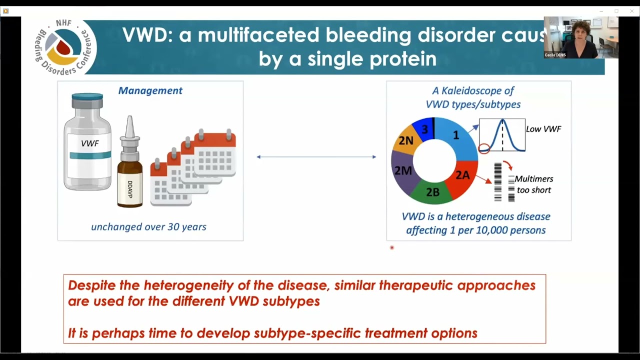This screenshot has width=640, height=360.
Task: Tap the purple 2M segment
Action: click(x=403, y=171)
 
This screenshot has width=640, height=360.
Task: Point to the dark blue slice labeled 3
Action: click(x=425, y=129)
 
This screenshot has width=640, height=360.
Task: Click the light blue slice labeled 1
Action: click(x=456, y=137)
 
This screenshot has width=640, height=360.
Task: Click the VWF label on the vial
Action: click(x=89, y=143)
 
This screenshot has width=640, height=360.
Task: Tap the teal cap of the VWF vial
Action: click(x=87, y=97)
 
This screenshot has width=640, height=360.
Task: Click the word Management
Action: click(x=150, y=90)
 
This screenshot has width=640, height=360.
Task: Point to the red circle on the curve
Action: click(x=484, y=148)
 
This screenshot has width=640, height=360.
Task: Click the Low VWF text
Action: click(x=543, y=129)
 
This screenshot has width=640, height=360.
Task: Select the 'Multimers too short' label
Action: click(x=533, y=184)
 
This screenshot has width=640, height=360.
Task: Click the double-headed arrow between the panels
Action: click(x=316, y=157)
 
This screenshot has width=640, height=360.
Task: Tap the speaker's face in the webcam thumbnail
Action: click(x=580, y=33)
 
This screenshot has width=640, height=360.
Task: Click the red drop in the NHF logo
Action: click(x=63, y=47)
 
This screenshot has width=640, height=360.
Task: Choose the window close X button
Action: click(x=631, y=11)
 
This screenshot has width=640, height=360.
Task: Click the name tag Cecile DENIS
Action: click(x=555, y=55)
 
